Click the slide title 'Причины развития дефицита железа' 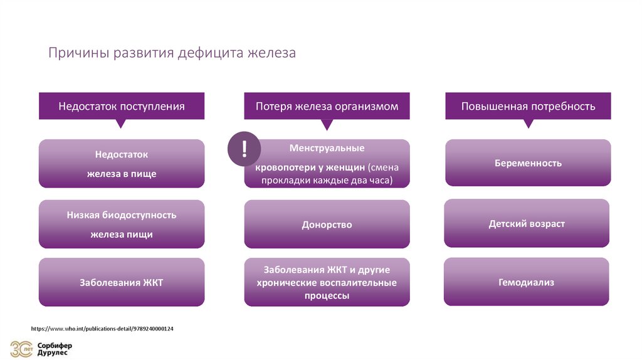(172, 53)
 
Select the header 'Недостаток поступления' (122, 106)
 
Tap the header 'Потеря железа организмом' (327, 106)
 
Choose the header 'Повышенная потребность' (528, 106)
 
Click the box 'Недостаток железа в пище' (122, 164)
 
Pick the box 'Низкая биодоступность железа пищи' (122, 224)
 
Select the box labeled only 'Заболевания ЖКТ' (122, 282)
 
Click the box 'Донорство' (327, 224)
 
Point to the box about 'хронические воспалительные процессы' (327, 283)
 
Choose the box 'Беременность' (528, 163)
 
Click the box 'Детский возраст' (527, 223)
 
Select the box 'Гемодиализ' (527, 282)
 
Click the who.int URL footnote (102, 329)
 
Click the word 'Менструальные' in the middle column (327, 149)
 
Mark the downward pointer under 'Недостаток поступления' (122, 124)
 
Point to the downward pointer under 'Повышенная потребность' (528, 124)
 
